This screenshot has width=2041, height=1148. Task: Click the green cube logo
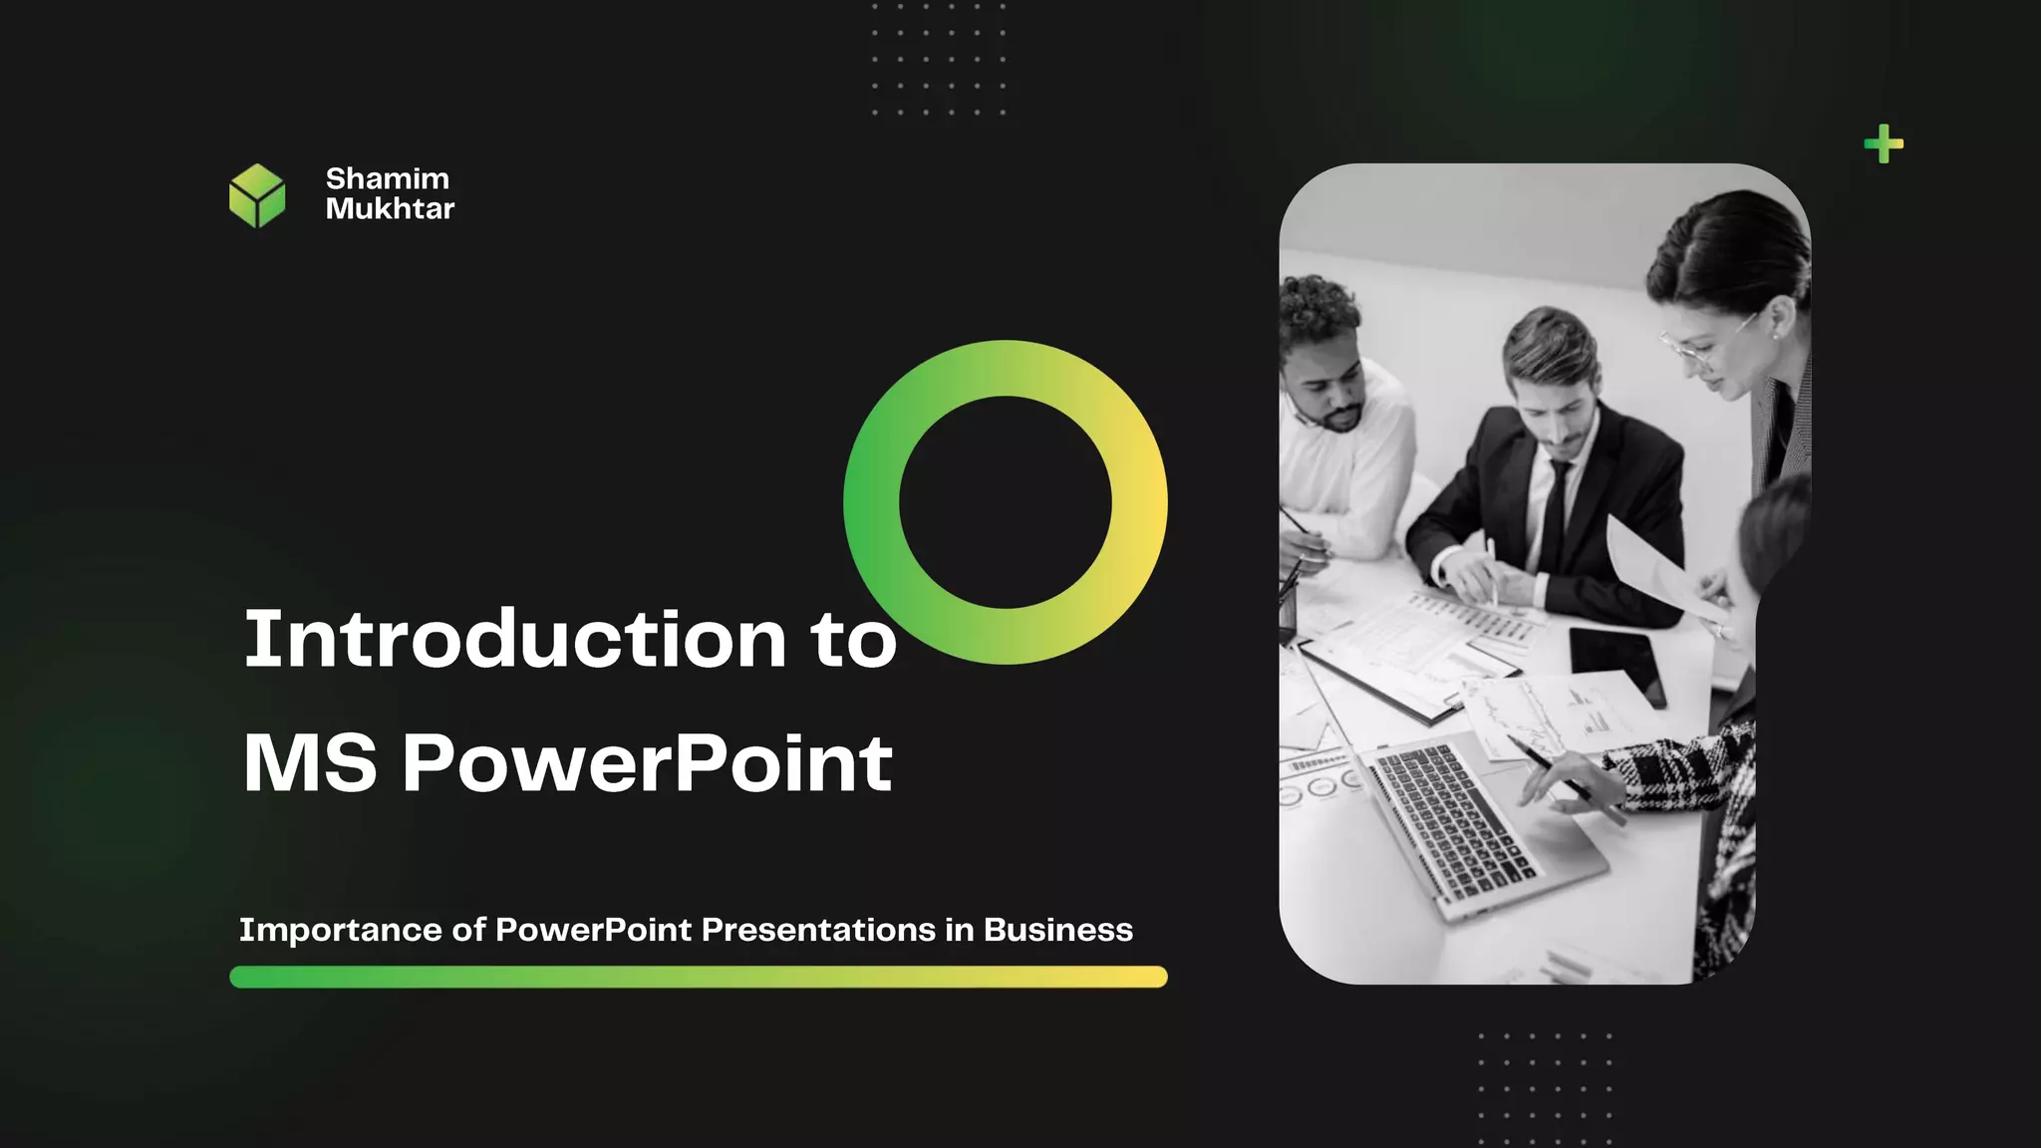[x=257, y=196]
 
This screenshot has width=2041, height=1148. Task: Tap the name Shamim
[x=388, y=178]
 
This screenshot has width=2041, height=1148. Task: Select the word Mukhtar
[x=390, y=208]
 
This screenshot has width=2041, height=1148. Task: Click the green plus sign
[x=1884, y=144]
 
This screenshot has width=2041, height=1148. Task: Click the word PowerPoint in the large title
[x=647, y=764]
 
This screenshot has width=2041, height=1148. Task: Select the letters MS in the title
[x=310, y=764]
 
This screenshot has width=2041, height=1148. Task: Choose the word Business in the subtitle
[x=1058, y=930]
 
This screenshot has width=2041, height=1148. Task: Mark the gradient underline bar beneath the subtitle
[x=698, y=977]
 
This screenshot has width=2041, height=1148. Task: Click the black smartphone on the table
[x=1616, y=663]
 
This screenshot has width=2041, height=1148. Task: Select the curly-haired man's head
[x=1320, y=349]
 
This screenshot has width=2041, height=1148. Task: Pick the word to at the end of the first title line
[x=853, y=639]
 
